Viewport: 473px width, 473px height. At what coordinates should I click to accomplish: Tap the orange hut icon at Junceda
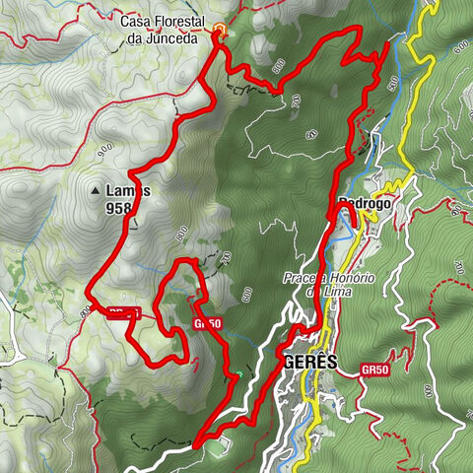pyautogui.click(x=219, y=30)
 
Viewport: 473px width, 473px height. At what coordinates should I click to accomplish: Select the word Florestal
pyautogui.click(x=185, y=21)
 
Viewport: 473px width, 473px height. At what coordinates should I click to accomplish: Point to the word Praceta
pyautogui.click(x=309, y=278)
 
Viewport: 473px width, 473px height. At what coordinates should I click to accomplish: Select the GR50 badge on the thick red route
pyautogui.click(x=207, y=322)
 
